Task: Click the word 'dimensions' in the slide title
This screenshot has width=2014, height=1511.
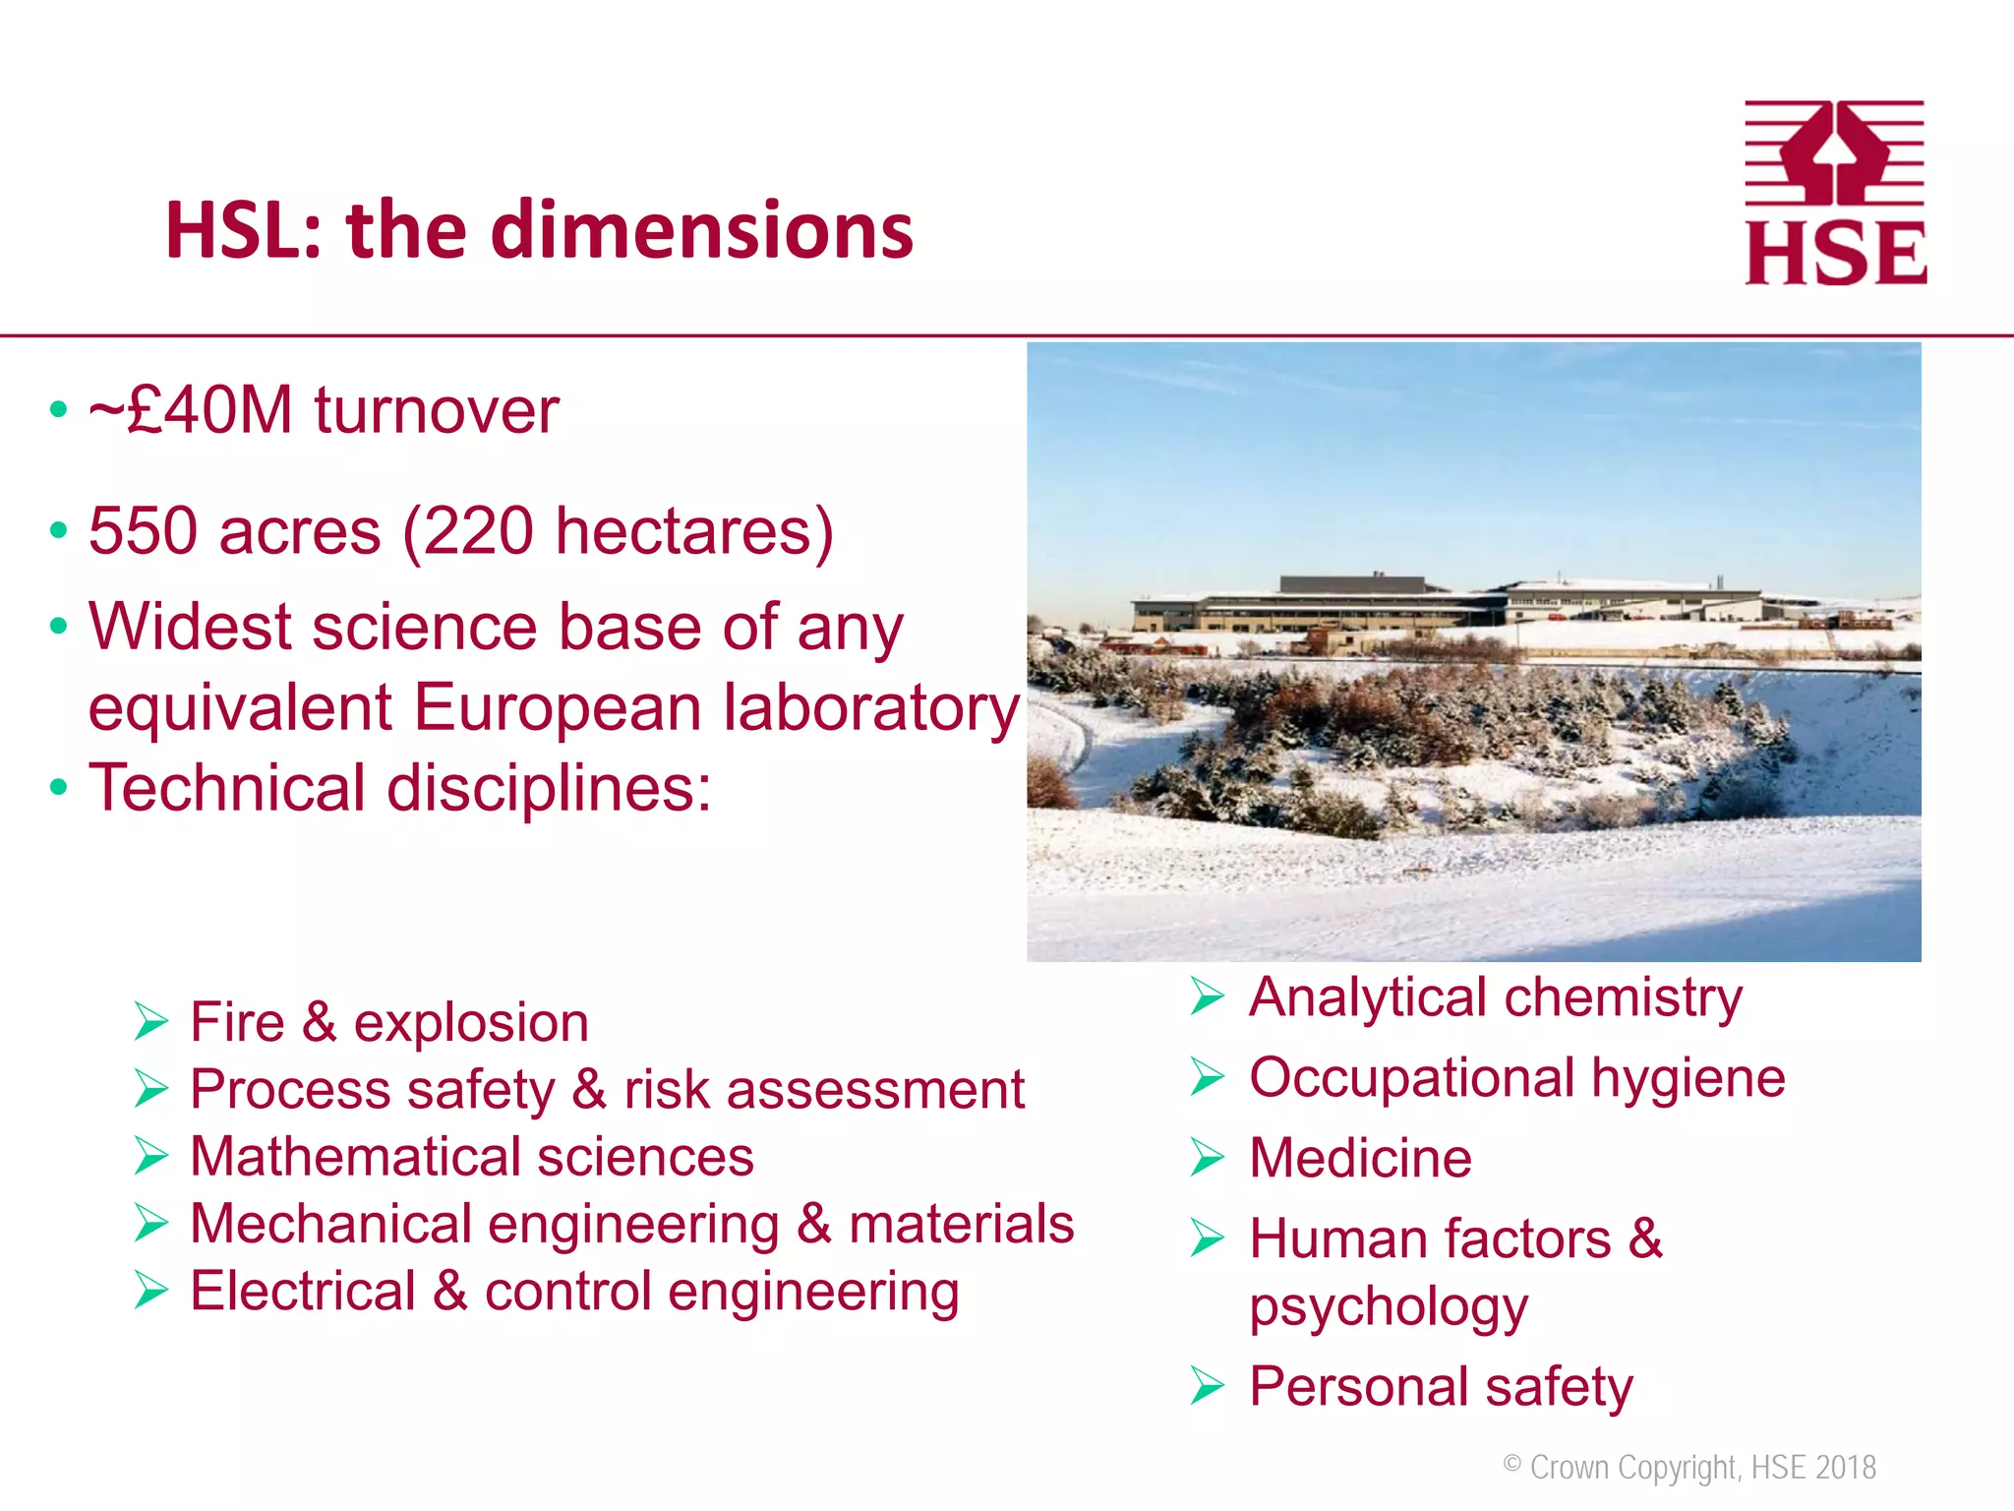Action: pos(701,231)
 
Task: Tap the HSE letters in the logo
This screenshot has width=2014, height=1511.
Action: pos(1835,254)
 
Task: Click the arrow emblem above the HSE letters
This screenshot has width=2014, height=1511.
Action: pos(1835,148)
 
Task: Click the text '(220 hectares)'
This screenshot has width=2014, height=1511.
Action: pos(619,532)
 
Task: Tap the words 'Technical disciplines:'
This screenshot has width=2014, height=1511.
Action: pos(400,788)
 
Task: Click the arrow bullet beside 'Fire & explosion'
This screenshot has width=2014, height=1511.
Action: pos(152,1021)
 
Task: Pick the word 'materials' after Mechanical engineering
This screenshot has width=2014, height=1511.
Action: pos(961,1224)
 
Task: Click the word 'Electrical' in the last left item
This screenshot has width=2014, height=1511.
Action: pos(303,1291)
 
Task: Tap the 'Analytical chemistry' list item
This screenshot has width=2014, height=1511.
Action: pos(1495,997)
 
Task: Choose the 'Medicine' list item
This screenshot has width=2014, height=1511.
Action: pos(1360,1158)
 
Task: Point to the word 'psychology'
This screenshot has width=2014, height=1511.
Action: pos(1389,1306)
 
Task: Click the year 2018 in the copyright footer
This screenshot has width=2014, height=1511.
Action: pos(1846,1468)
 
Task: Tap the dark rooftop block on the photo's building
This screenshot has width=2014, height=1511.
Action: pos(1352,584)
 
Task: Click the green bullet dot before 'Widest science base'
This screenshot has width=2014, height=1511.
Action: pos(59,626)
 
